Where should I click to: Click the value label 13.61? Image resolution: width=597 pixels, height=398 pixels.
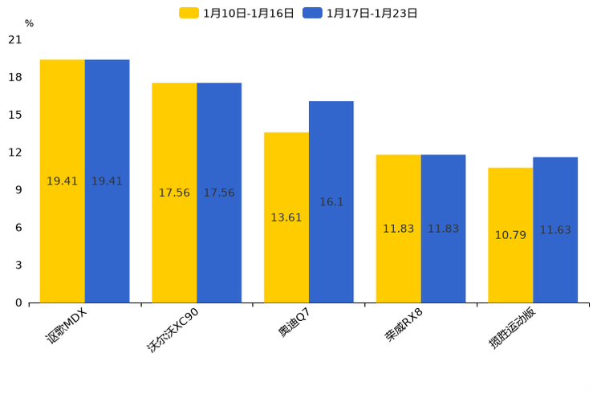tap(286, 217)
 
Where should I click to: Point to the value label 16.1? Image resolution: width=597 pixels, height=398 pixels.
tap(331, 202)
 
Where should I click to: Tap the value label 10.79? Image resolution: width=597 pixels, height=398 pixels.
tap(510, 235)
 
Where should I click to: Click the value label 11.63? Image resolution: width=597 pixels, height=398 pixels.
tap(555, 230)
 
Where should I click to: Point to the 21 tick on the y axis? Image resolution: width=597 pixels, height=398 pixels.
tap(15, 39)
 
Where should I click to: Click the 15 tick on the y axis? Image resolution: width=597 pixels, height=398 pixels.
tap(15, 115)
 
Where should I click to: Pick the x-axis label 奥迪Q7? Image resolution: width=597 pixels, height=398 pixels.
tap(294, 323)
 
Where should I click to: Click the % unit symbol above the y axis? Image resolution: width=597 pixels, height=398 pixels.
tap(29, 24)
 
